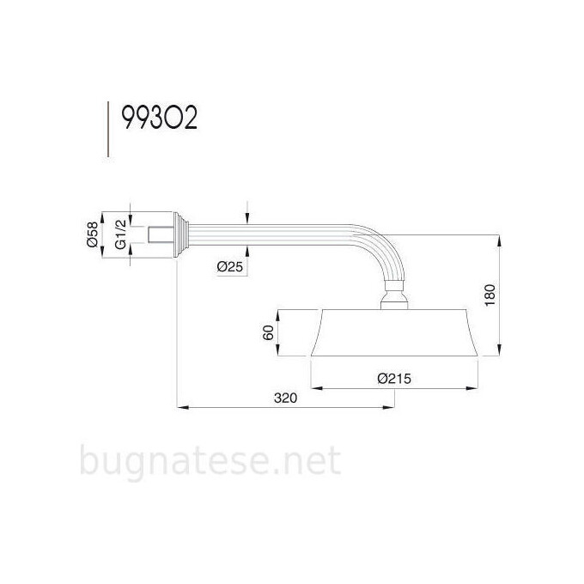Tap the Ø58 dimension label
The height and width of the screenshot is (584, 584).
tap(91, 234)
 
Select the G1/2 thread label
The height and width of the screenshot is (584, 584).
tap(120, 234)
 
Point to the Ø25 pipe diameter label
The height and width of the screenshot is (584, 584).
tap(231, 267)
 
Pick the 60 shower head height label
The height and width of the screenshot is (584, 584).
tap(267, 333)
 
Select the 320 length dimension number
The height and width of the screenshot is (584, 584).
tap(286, 398)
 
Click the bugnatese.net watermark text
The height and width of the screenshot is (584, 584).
tap(210, 462)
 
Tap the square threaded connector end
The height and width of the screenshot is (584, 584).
tap(158, 234)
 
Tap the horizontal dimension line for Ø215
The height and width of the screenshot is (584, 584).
tap(393, 386)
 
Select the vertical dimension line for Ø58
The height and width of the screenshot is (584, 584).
tap(103, 234)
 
